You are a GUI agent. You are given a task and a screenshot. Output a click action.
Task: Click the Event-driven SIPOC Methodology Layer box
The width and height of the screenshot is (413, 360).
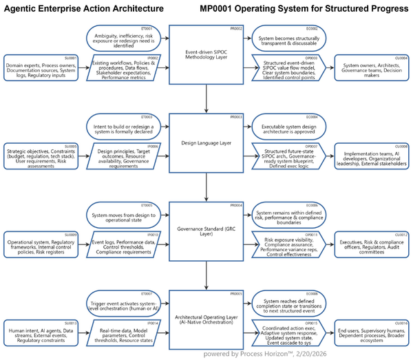click(x=206, y=54)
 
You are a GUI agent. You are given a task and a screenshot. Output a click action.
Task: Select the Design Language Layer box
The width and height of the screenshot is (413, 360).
click(x=206, y=143)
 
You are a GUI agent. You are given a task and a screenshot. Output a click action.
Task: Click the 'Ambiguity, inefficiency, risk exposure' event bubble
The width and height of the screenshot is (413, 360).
click(x=124, y=38)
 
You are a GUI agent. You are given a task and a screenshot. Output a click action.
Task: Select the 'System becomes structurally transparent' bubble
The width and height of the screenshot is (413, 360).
click(x=288, y=38)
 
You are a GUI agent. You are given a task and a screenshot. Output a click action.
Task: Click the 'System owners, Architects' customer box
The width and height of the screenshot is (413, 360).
click(x=372, y=67)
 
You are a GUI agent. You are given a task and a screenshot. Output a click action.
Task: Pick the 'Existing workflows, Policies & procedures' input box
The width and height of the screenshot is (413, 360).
click(x=124, y=67)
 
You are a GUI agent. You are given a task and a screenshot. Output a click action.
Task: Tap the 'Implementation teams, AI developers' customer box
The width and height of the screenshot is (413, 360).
click(x=372, y=156)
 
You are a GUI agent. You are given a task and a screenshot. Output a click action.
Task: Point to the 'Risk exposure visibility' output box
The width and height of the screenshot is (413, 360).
click(x=289, y=245)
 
